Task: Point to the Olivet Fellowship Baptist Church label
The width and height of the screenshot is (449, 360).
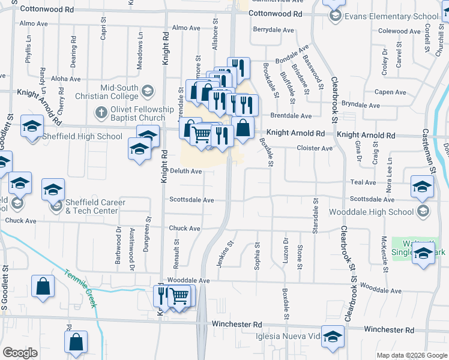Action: [140, 112]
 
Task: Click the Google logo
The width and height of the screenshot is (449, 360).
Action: [20, 353]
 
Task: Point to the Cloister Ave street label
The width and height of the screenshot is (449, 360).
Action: [315, 148]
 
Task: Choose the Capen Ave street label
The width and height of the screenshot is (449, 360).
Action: [390, 92]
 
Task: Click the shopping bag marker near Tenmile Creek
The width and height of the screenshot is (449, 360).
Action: [43, 287]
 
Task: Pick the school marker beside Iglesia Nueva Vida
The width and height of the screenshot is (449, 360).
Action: [333, 337]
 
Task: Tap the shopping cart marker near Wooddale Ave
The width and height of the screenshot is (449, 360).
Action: [179, 295]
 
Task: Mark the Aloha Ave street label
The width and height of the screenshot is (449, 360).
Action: [65, 79]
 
